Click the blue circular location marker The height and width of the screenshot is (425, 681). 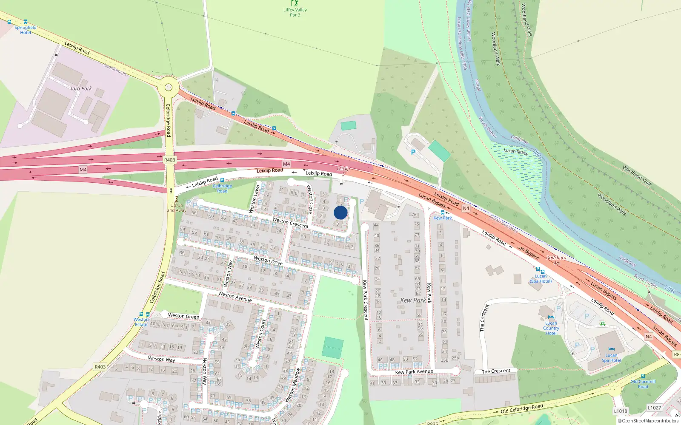[340, 212]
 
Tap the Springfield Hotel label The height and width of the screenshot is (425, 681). [26, 30]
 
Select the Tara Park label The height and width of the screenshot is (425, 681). [81, 88]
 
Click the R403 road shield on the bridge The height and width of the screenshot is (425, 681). [169, 160]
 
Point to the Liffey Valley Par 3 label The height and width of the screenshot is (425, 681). [295, 12]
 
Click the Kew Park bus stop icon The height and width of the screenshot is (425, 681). [443, 212]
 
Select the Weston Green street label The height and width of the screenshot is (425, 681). [183, 316]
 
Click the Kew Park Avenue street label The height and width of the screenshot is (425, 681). [414, 371]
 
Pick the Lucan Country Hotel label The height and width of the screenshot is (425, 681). [551, 328]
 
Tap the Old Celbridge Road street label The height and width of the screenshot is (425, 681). [521, 409]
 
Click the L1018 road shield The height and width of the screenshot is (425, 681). [621, 411]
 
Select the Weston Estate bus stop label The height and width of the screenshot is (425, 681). [141, 322]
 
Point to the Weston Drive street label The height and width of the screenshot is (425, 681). [268, 261]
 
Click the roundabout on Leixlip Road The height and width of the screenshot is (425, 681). [169, 88]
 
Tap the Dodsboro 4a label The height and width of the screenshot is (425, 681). [556, 260]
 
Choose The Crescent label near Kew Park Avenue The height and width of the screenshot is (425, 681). [496, 371]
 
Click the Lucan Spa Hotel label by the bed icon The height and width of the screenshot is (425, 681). [611, 358]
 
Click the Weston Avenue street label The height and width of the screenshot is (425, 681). [235, 296]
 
